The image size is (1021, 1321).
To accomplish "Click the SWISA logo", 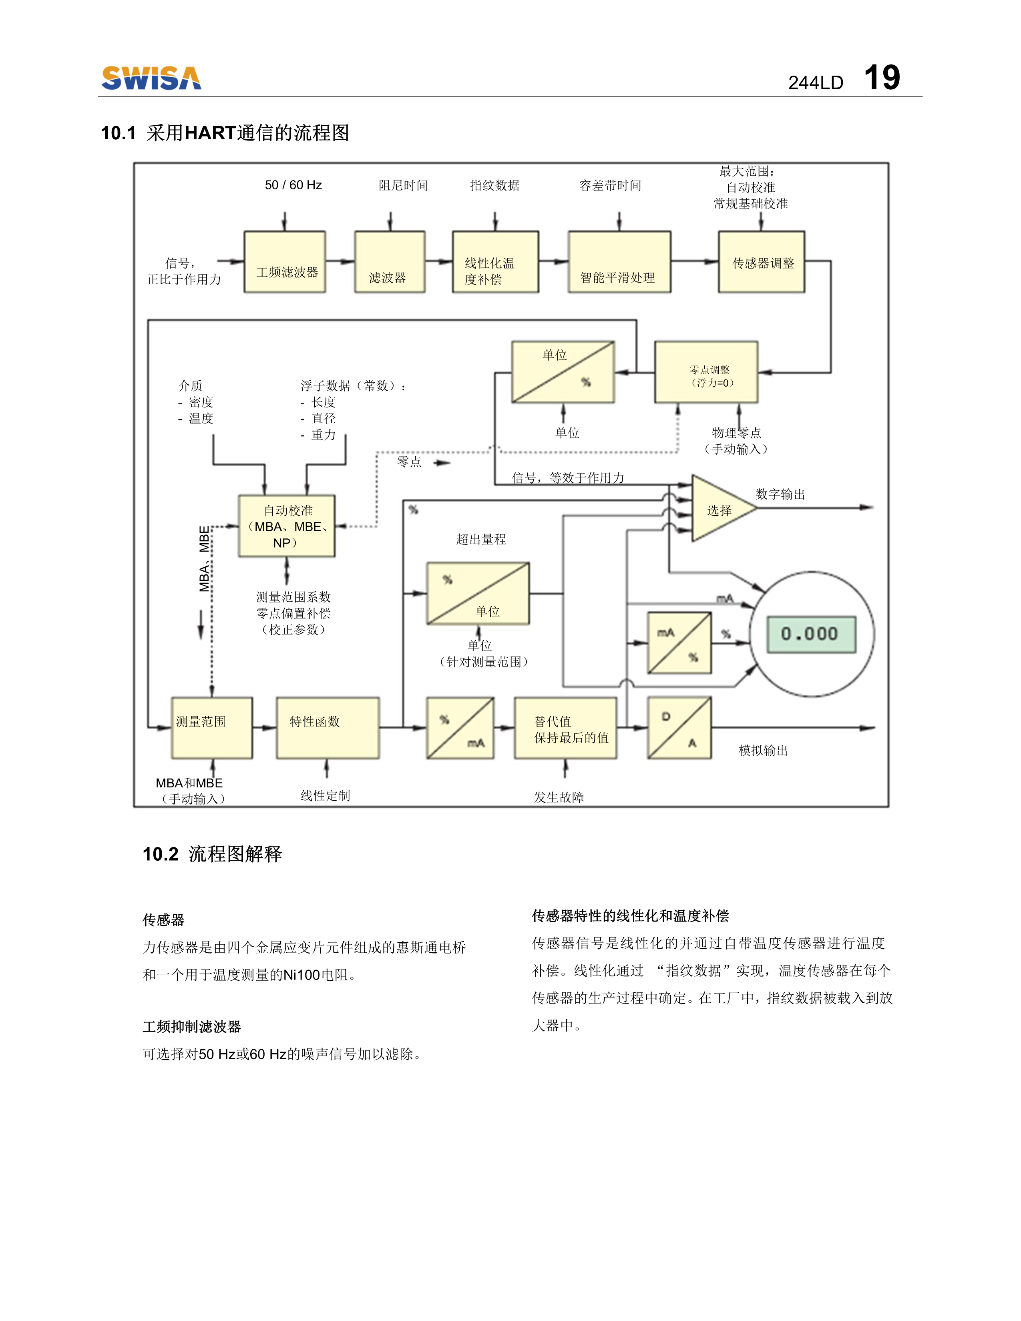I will (151, 78).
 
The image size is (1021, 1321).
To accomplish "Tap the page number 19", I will (881, 78).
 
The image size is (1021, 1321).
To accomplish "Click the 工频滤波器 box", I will (285, 262).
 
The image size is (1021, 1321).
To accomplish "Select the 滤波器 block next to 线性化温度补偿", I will (390, 262).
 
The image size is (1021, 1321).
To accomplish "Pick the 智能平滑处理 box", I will (619, 262).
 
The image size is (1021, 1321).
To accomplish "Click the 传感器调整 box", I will (761, 262).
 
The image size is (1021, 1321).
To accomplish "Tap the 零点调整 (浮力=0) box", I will (706, 372).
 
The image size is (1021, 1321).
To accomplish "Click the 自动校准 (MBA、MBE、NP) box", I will (287, 526).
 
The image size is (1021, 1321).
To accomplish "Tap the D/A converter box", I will (679, 728).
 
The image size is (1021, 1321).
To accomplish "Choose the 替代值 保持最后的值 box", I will (565, 728).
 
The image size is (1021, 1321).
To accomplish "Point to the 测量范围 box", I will (212, 728).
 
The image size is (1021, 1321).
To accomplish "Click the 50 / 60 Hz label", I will (293, 185).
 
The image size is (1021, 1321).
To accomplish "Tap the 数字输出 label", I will (780, 494).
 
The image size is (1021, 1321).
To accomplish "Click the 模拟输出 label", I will (763, 751).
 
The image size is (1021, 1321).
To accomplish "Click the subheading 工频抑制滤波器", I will (192, 1026).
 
